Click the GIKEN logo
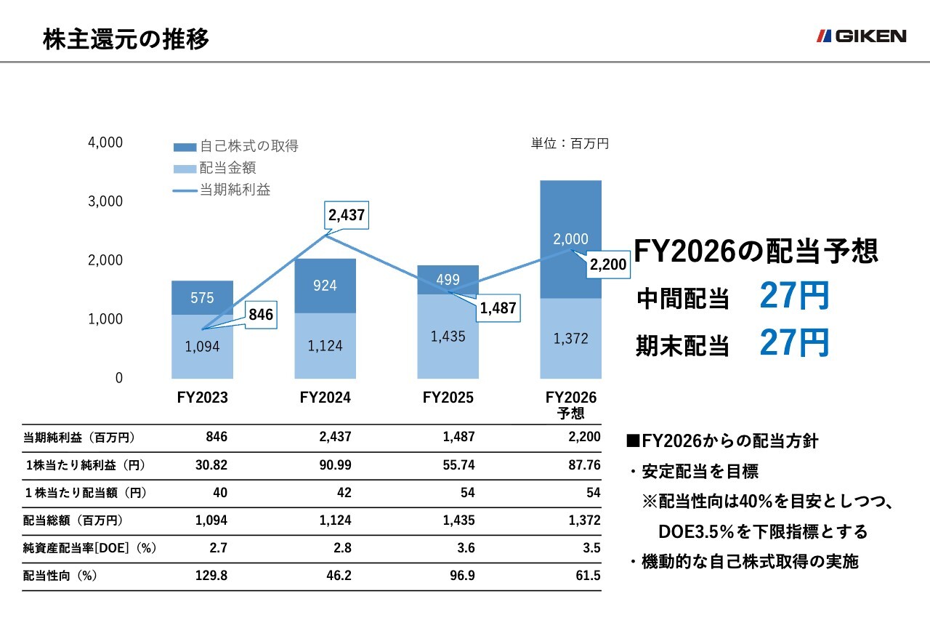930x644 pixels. click(x=861, y=36)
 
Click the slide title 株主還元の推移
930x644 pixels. click(x=126, y=39)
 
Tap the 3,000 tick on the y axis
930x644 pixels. click(x=105, y=201)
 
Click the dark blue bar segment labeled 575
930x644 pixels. click(x=202, y=298)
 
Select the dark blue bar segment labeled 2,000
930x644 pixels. click(x=570, y=239)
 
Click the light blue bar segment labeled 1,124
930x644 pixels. click(x=325, y=346)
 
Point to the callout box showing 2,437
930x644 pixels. click(x=347, y=215)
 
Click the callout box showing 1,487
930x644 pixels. click(x=498, y=308)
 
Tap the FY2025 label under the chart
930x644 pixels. click(x=448, y=398)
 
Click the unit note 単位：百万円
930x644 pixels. click(x=570, y=144)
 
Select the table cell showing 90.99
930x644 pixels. click(x=334, y=465)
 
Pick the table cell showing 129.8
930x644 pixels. click(x=211, y=576)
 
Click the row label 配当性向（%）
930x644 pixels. click(x=61, y=576)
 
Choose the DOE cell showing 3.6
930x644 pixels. click(x=466, y=548)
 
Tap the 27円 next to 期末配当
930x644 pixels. click(x=793, y=343)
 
